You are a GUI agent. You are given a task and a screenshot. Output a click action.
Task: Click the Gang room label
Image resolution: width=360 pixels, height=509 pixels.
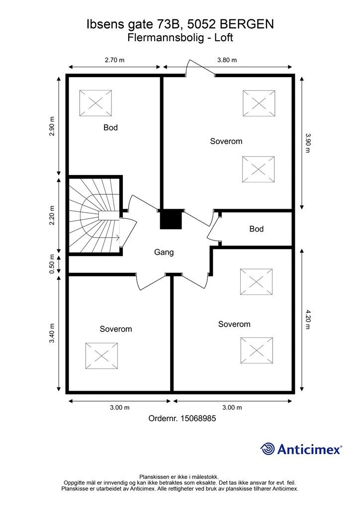click(x=164, y=252)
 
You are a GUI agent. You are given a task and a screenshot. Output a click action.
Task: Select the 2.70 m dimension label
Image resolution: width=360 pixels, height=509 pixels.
click(x=114, y=60)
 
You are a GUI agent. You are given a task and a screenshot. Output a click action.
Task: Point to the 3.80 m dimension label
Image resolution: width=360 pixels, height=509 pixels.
click(x=227, y=60)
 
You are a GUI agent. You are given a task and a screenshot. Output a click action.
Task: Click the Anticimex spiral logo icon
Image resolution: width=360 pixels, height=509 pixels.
click(x=268, y=449)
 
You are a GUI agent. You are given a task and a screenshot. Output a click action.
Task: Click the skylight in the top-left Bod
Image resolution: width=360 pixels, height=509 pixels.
click(x=95, y=103)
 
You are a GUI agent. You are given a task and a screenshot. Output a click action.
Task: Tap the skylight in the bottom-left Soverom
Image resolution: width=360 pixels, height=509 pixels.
click(x=101, y=355)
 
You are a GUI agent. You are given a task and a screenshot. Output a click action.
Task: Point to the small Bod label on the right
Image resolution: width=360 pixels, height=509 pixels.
click(x=256, y=229)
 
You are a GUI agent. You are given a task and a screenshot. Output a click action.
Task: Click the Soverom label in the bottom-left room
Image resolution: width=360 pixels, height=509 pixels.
click(x=115, y=329)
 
